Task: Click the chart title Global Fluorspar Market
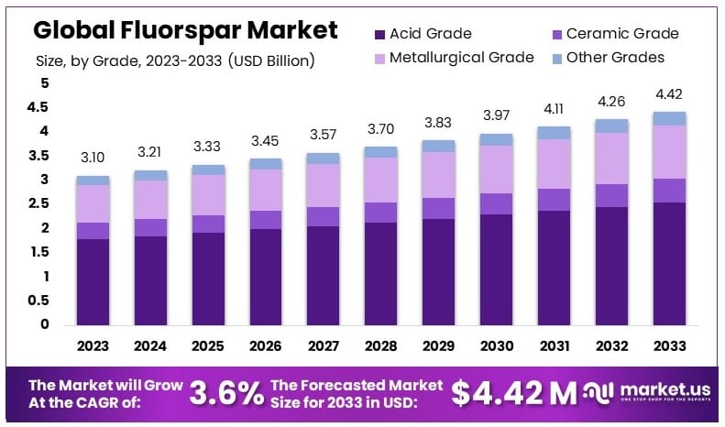(x=185, y=30)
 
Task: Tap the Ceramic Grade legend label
(x=622, y=34)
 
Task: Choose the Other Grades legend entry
(x=615, y=58)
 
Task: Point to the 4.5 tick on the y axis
(x=38, y=107)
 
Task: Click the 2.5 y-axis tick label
(x=38, y=203)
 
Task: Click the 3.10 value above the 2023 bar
(x=93, y=159)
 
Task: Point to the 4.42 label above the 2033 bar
(x=669, y=94)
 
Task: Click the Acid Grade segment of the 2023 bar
(x=93, y=281)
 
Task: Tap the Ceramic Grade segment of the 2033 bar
(x=669, y=191)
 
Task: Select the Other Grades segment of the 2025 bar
(x=209, y=170)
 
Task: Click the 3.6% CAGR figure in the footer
(x=226, y=393)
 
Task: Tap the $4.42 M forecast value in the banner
(x=513, y=393)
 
